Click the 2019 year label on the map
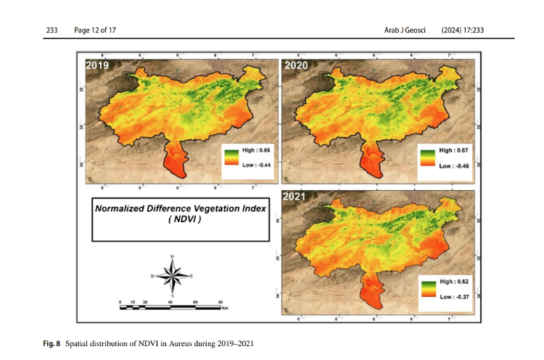[x=98, y=66]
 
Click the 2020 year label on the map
[x=296, y=66]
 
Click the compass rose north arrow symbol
[x=173, y=274]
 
